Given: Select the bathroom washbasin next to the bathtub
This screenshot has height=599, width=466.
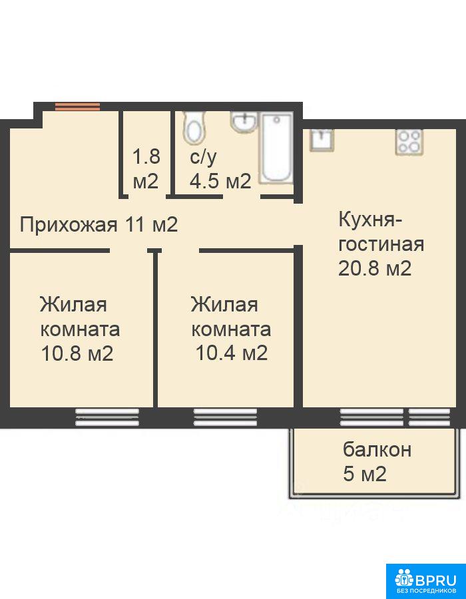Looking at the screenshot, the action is point(243,122).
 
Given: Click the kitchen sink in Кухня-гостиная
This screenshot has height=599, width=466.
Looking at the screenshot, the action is point(322,140).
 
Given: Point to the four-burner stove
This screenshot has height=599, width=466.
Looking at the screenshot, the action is point(409,142).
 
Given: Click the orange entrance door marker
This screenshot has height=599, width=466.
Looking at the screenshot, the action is point(77,106).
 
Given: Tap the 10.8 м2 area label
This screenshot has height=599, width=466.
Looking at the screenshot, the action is point(77,354).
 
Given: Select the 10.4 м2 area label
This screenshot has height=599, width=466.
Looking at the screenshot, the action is point(231,353).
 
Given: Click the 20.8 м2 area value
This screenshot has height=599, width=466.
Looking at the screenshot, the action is point(375,269).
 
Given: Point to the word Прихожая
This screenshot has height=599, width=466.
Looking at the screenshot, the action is point(69,225).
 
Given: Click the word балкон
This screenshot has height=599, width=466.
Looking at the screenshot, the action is point(377,450).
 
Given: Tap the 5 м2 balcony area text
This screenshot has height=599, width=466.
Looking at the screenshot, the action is point(365,475).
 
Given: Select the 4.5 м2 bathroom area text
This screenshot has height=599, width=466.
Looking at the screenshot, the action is point(220,181).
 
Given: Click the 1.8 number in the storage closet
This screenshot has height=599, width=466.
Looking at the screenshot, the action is point(146,156).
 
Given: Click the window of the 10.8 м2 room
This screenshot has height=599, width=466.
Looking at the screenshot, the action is point(107,417).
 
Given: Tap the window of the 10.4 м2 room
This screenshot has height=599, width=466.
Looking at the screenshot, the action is point(226,417).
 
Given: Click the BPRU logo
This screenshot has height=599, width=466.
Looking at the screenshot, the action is point(426,582).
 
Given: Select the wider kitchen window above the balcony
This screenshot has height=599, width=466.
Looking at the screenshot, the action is point(371,417).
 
